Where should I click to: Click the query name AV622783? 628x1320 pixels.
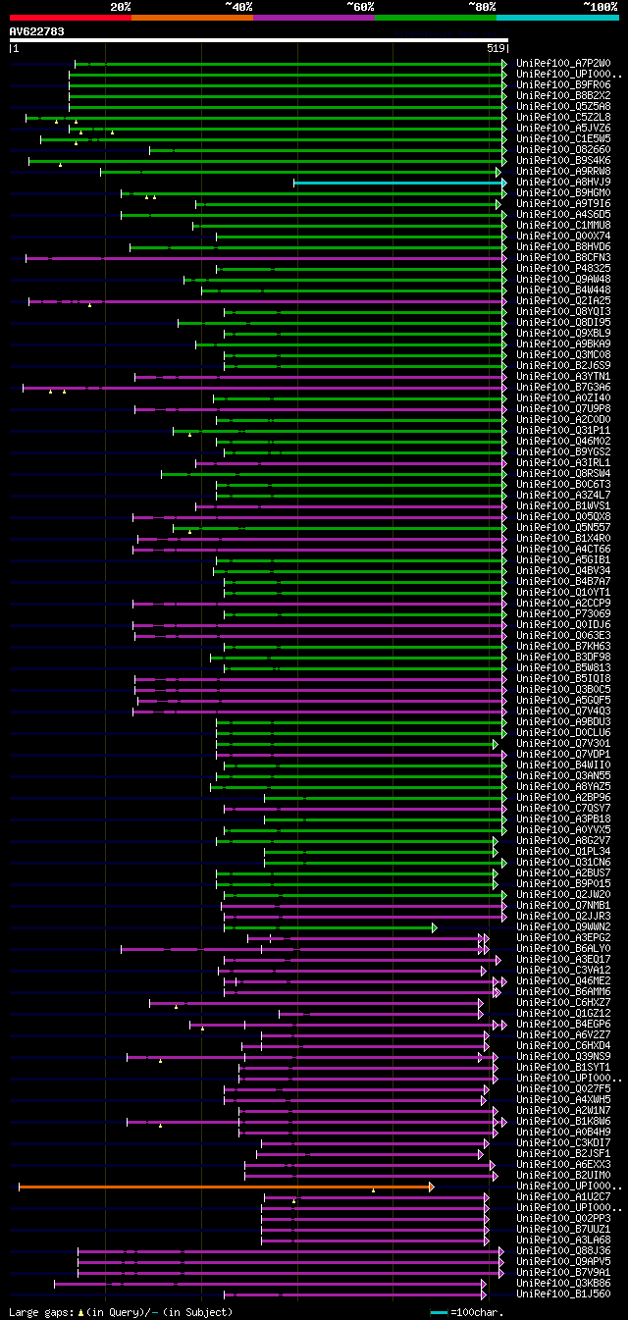point(37,31)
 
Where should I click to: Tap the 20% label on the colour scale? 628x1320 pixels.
point(121,7)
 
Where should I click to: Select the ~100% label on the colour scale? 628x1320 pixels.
point(600,7)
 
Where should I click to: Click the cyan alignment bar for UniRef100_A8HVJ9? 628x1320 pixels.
point(398,183)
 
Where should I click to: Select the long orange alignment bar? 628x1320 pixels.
point(224,1187)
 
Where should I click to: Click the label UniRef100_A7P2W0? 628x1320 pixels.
point(563,64)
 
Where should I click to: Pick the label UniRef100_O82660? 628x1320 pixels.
point(563,150)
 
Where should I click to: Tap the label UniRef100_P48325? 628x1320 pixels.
point(563,268)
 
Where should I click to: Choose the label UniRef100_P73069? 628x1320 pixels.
point(563,614)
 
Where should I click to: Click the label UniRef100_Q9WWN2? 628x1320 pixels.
point(563,927)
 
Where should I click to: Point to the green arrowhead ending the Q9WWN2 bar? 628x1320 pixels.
point(434,927)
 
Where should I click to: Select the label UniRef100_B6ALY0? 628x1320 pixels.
point(563,949)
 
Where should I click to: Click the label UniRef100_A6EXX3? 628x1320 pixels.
point(563,1165)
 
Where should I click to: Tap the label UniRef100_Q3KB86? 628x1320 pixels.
point(563,1284)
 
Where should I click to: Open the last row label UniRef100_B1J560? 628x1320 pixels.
point(563,1294)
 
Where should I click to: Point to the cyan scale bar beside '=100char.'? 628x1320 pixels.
point(439,1312)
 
